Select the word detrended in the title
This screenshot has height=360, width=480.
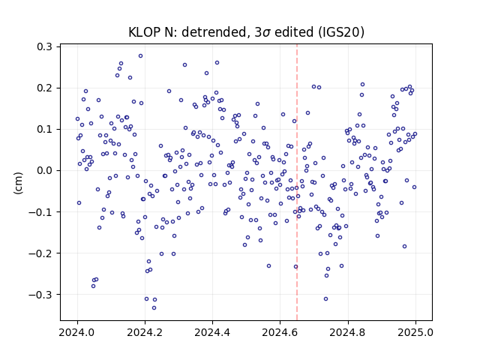click(214, 32)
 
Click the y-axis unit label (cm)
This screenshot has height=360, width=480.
click(18, 183)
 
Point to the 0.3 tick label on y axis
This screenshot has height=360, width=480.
click(45, 46)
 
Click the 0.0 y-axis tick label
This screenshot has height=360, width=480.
click(45, 170)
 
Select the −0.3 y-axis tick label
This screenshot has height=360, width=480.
click(40, 295)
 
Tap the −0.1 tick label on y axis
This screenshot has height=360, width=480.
click(40, 211)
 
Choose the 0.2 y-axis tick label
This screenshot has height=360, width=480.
click(45, 88)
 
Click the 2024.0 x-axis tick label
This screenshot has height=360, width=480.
click(77, 332)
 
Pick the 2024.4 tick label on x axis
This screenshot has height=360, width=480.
click(212, 332)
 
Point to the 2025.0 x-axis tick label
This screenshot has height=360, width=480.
click(415, 332)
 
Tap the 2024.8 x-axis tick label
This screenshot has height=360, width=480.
click(348, 332)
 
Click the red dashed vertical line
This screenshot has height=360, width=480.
click(297, 182)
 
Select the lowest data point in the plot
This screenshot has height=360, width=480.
click(154, 307)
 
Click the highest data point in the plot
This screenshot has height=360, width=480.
click(140, 56)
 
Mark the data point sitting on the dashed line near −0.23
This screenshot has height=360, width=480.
click(296, 267)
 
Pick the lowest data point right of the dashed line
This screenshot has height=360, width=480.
click(325, 298)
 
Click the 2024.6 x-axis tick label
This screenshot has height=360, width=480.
click(280, 332)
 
